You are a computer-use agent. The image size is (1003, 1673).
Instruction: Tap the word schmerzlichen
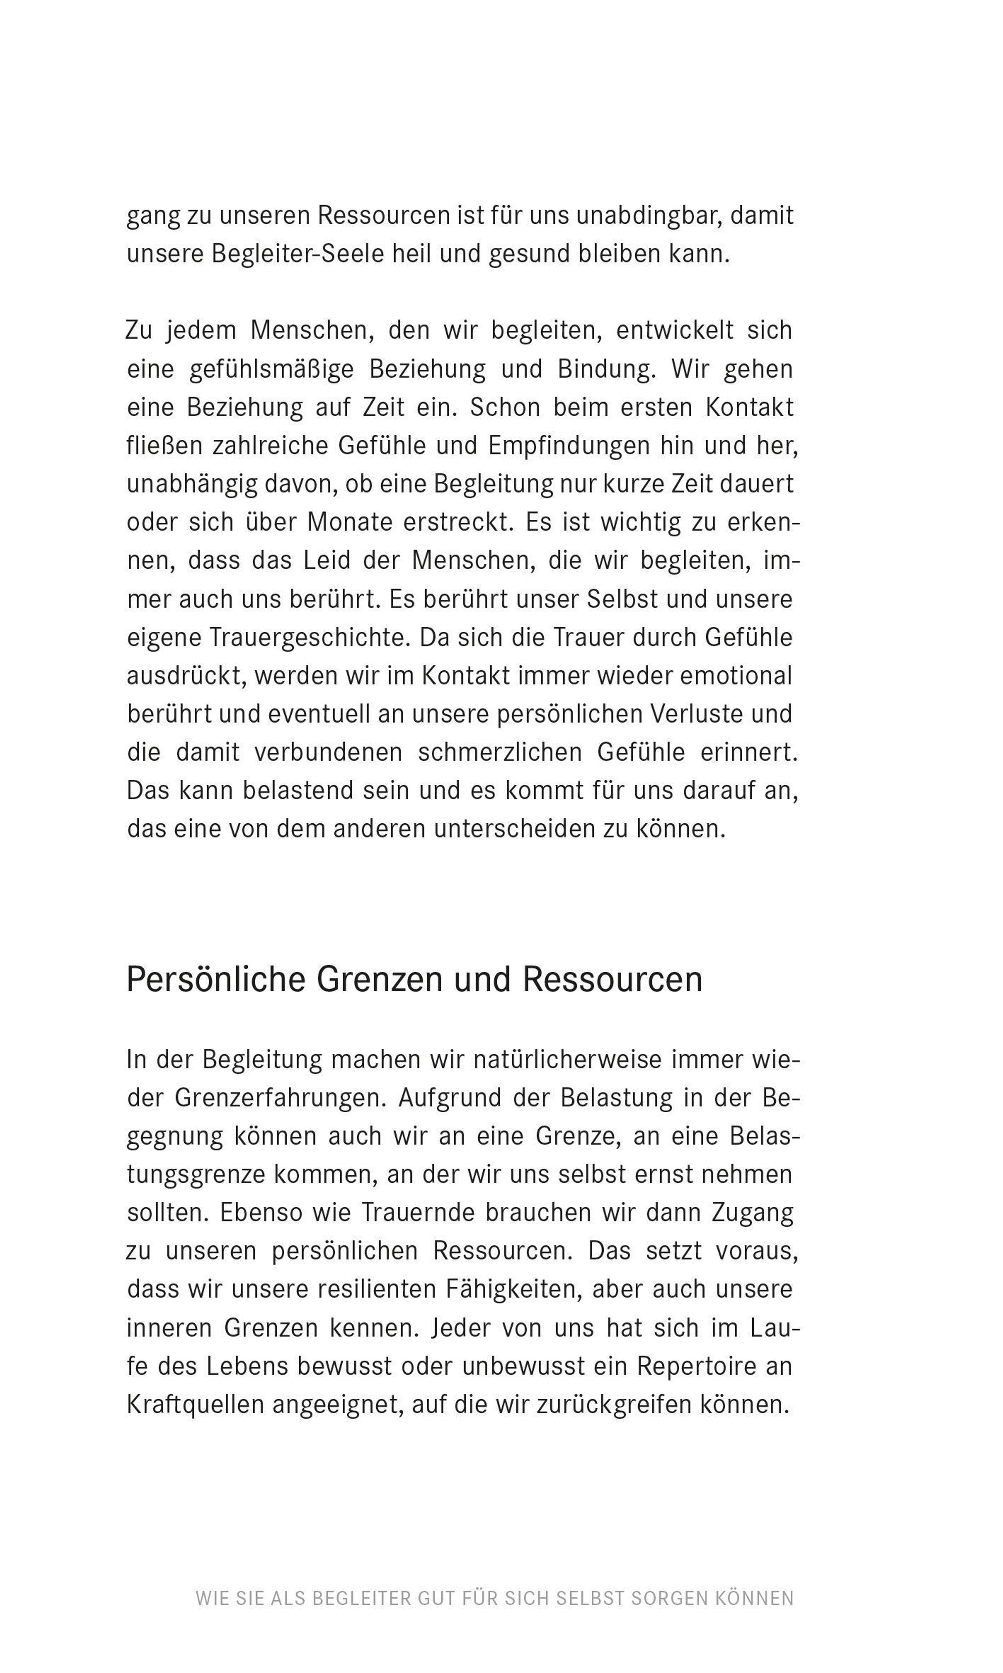(x=499, y=752)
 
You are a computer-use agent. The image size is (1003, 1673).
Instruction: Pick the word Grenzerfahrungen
(x=280, y=1098)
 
